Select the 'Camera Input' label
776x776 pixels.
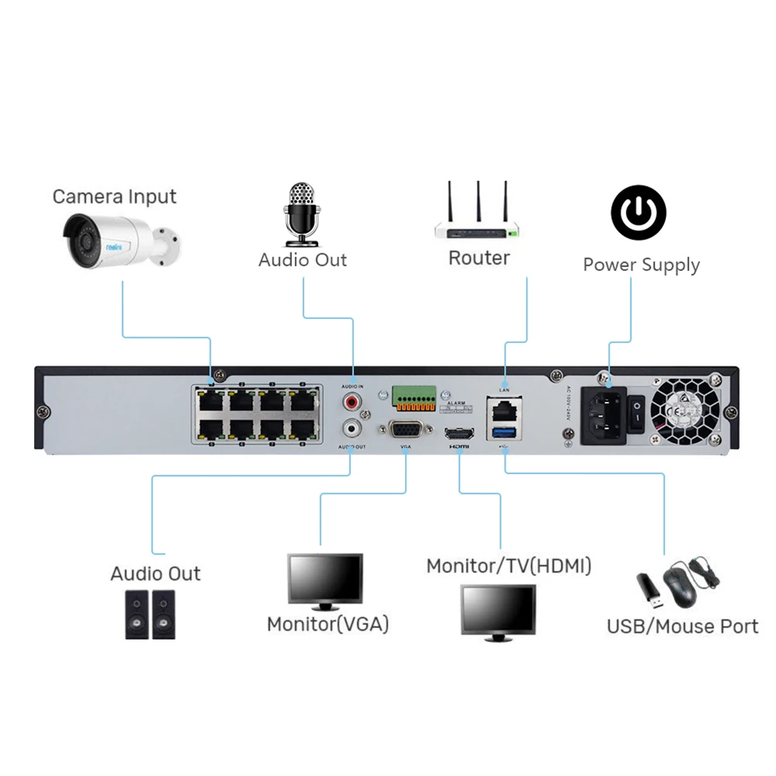tap(115, 197)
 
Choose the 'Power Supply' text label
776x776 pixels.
tap(641, 265)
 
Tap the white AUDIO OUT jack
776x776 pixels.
tap(353, 427)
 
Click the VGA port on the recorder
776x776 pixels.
tap(405, 431)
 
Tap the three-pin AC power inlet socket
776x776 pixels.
tap(603, 415)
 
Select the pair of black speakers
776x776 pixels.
tap(149, 614)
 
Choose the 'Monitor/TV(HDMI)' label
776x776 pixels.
tap(509, 566)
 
